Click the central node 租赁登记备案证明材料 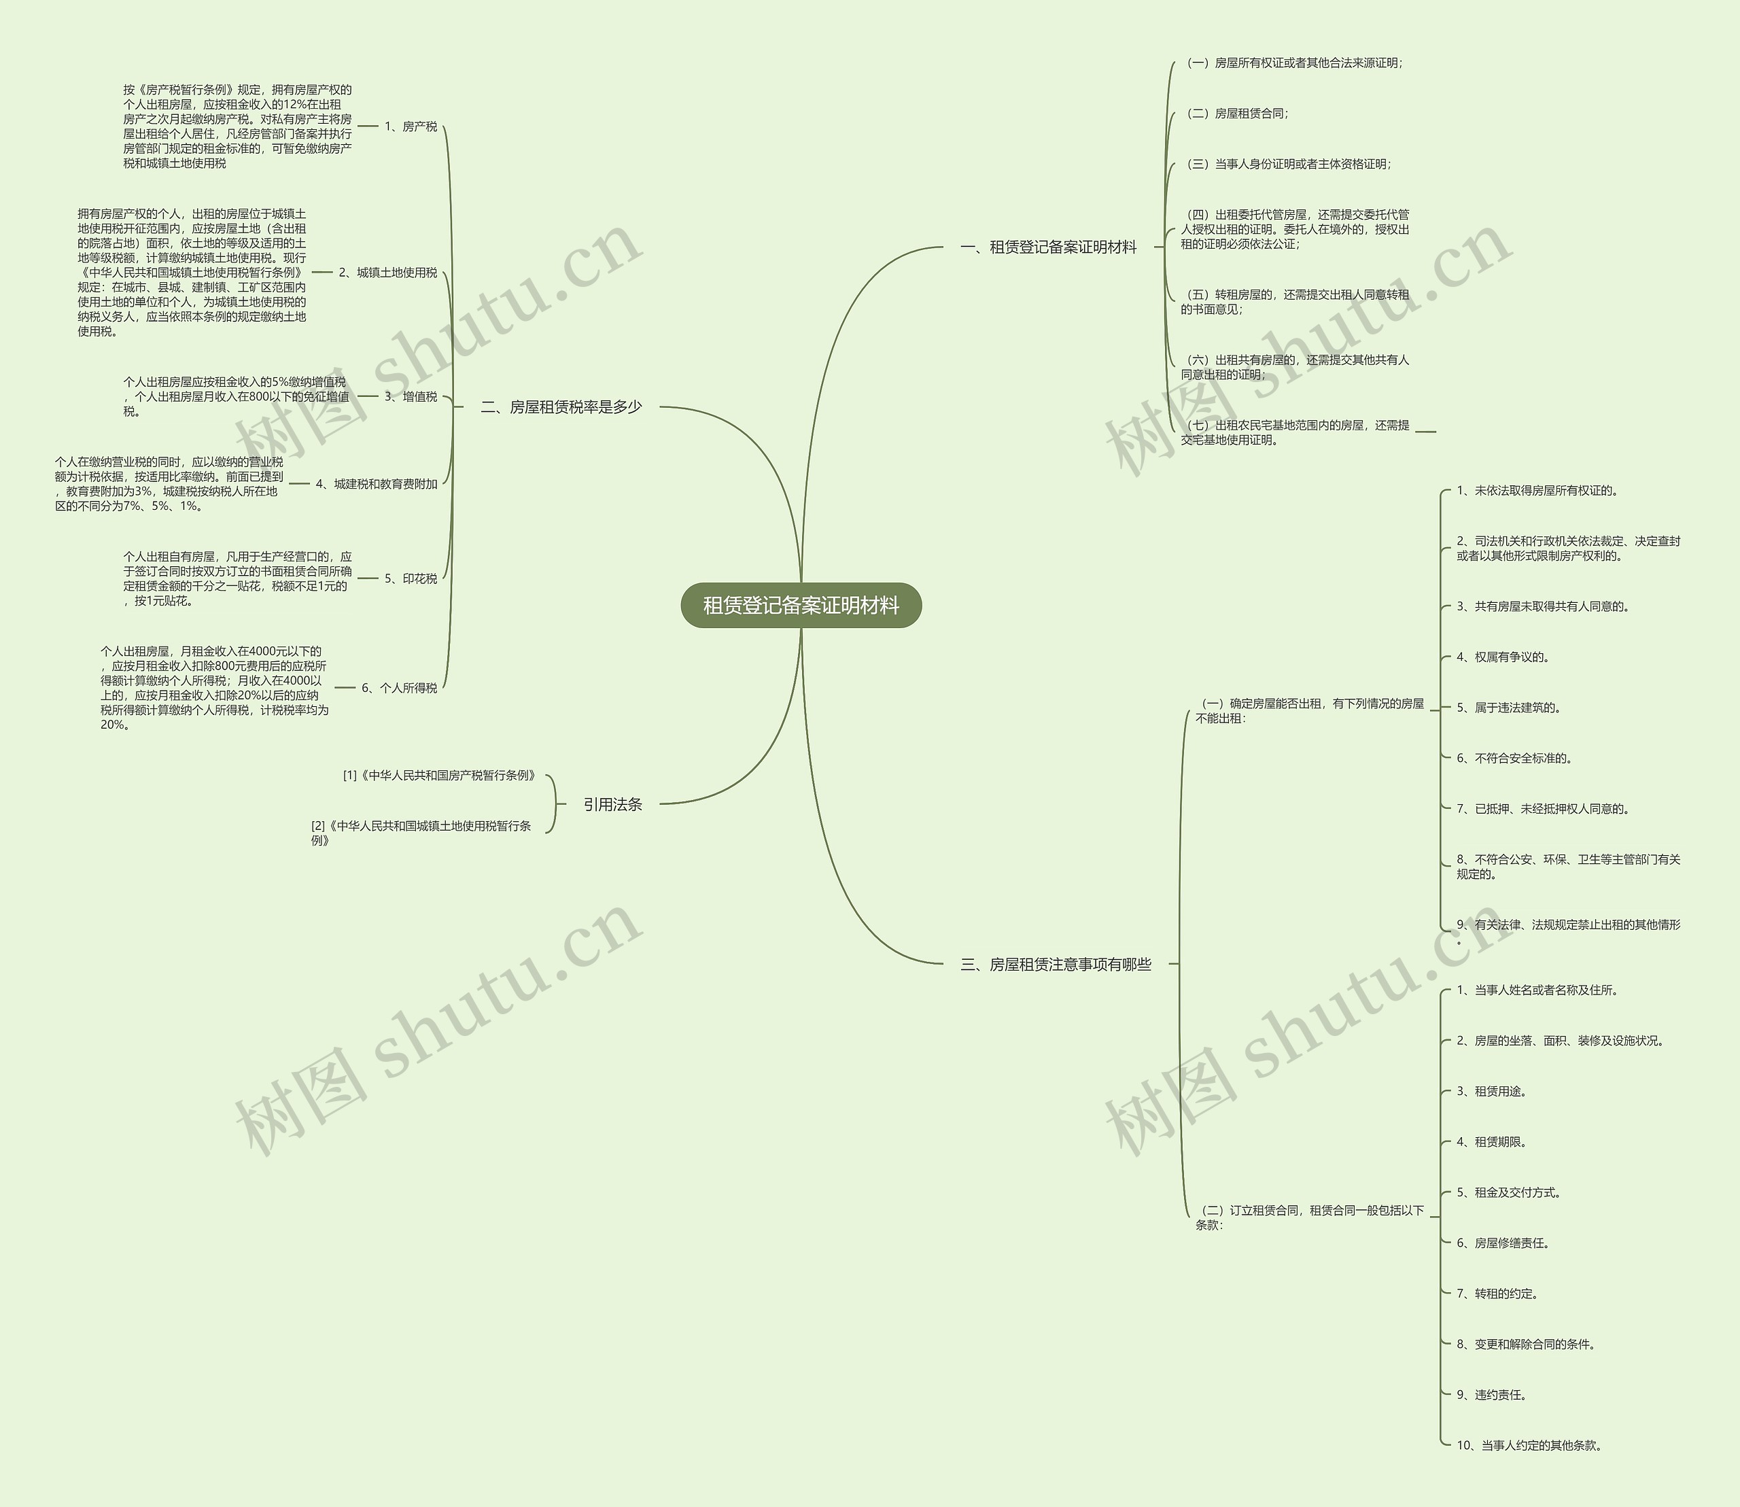801,606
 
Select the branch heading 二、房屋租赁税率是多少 561,407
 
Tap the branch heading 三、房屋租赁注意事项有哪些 1056,965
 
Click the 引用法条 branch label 612,805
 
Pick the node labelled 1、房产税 411,127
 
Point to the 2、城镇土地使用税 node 387,273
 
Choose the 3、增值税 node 411,397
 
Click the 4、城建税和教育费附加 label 377,485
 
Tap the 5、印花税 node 411,578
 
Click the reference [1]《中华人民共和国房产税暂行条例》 439,776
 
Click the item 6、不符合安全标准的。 1514,759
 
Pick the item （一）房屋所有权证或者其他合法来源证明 1293,63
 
